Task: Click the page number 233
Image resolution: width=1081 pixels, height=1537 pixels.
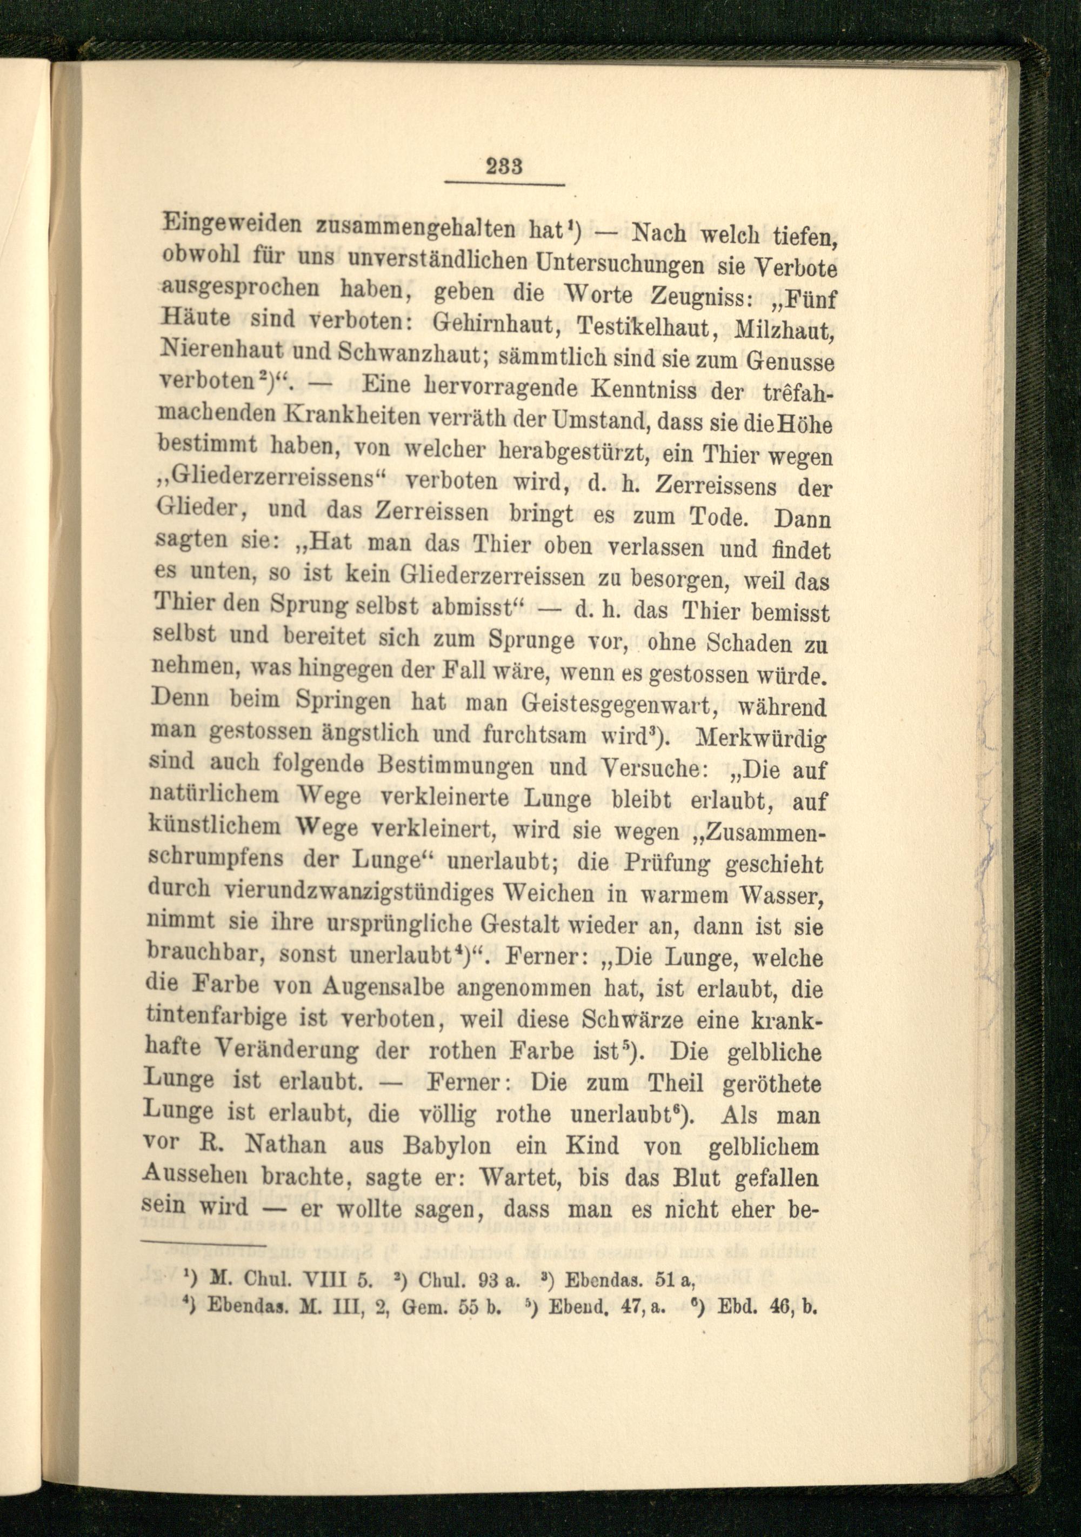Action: point(505,165)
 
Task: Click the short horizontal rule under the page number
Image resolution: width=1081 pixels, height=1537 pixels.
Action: point(505,184)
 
